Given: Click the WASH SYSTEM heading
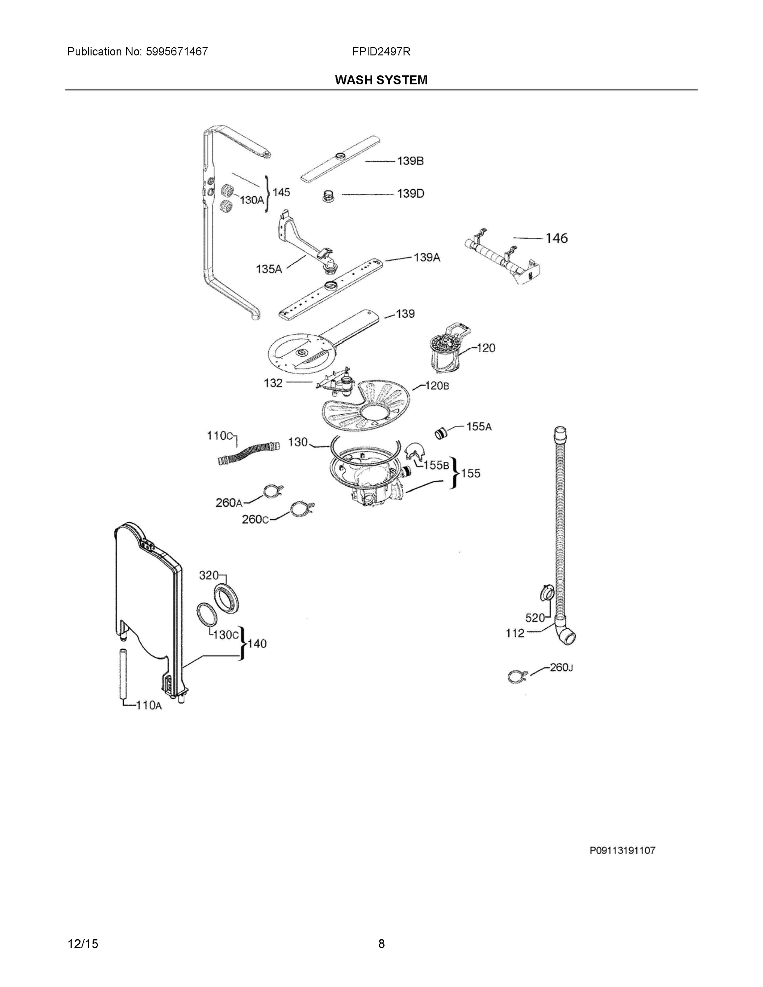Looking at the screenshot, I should (x=380, y=80).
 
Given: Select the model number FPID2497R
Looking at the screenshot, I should (x=381, y=51).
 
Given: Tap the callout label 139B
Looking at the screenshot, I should (x=410, y=161).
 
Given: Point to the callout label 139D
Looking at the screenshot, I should (x=410, y=194).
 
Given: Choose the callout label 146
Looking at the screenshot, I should (x=556, y=238).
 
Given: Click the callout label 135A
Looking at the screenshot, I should (x=269, y=269).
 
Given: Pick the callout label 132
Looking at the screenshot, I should (x=273, y=383).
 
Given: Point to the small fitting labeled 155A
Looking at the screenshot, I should (x=440, y=433).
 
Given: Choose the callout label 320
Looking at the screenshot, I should (x=209, y=575).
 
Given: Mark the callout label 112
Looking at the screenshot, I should (x=515, y=634).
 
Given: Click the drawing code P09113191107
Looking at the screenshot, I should (x=622, y=850).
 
